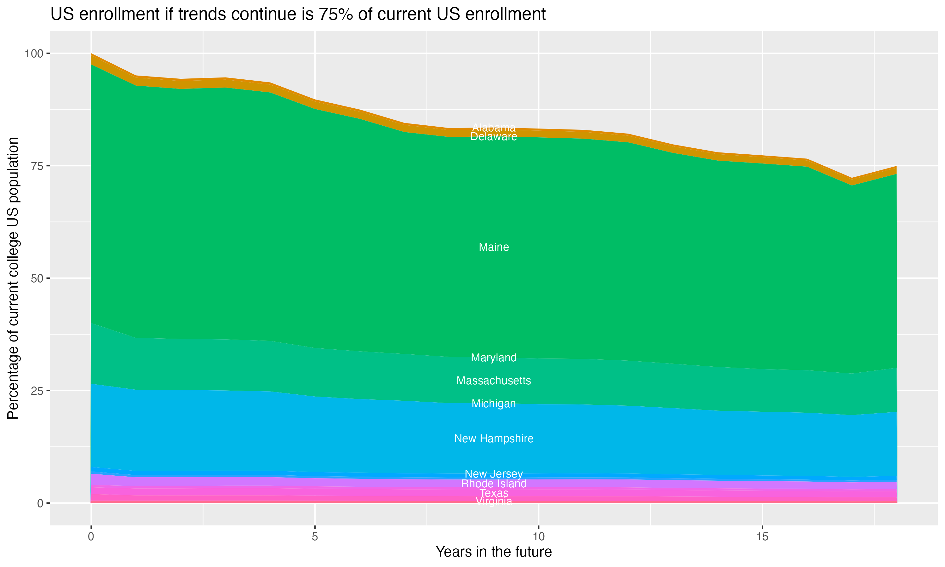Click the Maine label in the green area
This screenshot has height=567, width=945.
[x=494, y=247]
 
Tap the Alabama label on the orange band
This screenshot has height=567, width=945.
[x=494, y=128]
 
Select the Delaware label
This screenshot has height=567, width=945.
[x=494, y=137]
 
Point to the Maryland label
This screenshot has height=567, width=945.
[x=494, y=358]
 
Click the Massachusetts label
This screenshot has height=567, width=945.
[x=494, y=381]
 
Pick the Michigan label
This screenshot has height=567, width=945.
[x=494, y=404]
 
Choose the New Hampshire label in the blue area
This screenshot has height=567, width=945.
[x=494, y=438]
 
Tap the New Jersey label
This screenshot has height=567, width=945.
[x=494, y=474]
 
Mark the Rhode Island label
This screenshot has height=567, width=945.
[x=494, y=484]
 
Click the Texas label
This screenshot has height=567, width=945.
[x=494, y=493]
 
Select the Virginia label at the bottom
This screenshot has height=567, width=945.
[x=494, y=501]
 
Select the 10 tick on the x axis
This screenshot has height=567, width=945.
[x=538, y=537]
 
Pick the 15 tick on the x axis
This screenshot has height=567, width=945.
[x=762, y=537]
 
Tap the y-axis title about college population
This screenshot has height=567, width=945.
[x=13, y=278]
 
